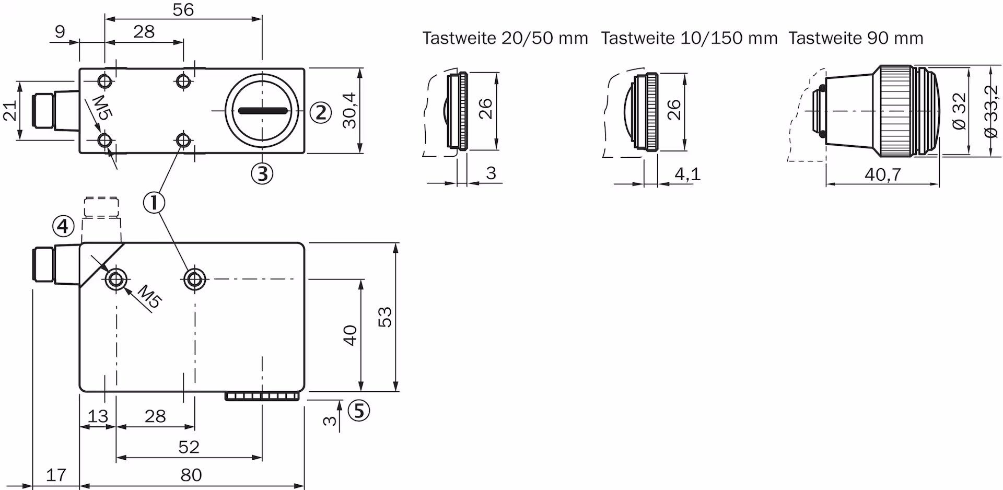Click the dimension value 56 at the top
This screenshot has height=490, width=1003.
pyautogui.click(x=183, y=9)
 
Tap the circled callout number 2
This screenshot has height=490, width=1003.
pyautogui.click(x=321, y=112)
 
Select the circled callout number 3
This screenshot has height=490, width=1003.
pyautogui.click(x=262, y=173)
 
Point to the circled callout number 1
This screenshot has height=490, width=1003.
pyautogui.click(x=154, y=203)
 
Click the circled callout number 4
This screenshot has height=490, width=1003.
pyautogui.click(x=63, y=227)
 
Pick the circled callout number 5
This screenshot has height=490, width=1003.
pyautogui.click(x=359, y=411)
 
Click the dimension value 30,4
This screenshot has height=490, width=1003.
pyautogui.click(x=349, y=110)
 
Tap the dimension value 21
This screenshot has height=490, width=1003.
pyautogui.click(x=10, y=111)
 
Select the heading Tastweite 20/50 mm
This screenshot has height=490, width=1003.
pyautogui.click(x=505, y=38)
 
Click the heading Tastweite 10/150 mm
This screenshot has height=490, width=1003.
pyautogui.click(x=689, y=38)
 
